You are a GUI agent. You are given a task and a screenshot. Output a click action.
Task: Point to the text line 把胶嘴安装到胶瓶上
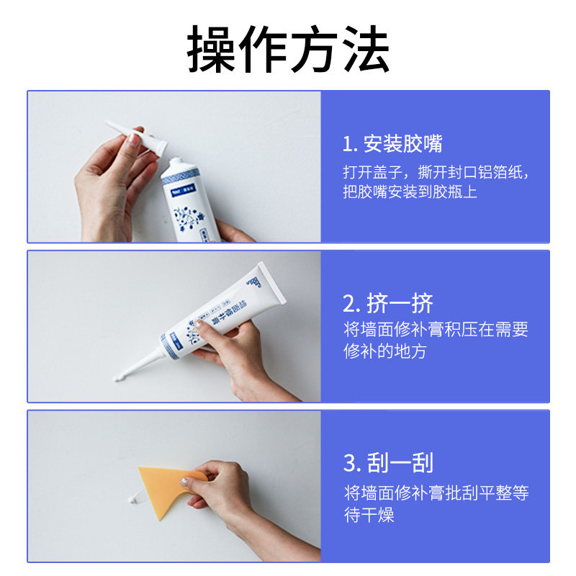pyautogui.click(x=410, y=192)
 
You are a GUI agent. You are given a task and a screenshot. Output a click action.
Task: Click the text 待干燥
pyautogui.click(x=369, y=515)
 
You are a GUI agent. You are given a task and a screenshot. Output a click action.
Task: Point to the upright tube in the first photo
pyautogui.click(x=188, y=202)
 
